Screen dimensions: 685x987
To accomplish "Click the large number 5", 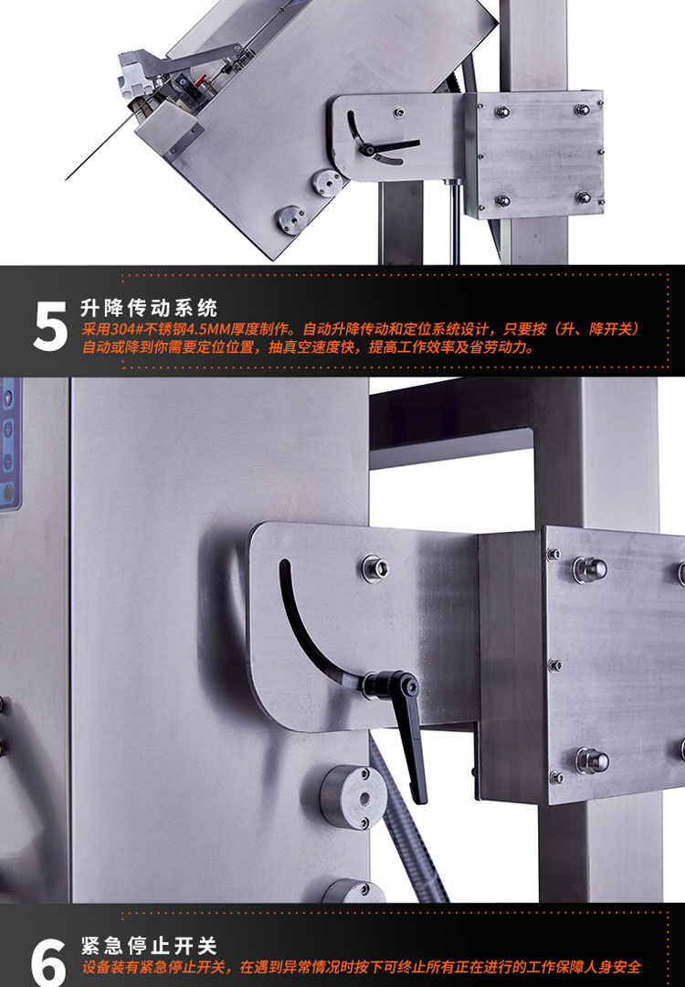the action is click(x=49, y=326).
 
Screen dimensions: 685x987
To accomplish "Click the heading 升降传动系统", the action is click(x=149, y=308).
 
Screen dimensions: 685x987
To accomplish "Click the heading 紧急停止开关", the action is click(x=149, y=946).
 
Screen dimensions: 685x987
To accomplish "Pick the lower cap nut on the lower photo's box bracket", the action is click(x=591, y=760).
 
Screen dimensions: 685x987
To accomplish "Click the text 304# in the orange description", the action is click(x=127, y=329).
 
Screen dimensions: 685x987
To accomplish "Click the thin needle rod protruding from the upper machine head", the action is click(x=100, y=146).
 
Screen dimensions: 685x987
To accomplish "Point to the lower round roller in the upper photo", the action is click(x=291, y=219).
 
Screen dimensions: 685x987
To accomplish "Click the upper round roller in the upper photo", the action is click(x=327, y=183).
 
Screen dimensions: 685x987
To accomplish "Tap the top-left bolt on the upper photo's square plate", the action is click(x=501, y=112).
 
